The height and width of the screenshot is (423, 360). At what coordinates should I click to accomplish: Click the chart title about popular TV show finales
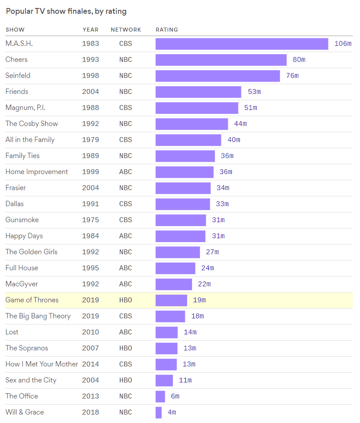(66, 12)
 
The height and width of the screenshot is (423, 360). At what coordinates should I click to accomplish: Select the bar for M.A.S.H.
(241, 44)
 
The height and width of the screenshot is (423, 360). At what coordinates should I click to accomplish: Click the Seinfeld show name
(18, 76)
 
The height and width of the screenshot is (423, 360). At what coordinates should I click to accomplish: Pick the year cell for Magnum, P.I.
(90, 108)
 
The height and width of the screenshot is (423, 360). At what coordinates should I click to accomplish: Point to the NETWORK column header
(126, 30)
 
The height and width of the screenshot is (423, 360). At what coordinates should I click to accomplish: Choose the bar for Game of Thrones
(171, 300)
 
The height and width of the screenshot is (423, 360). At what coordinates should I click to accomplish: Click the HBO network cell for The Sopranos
(126, 348)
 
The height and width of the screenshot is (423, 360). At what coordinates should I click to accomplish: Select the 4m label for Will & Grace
(172, 412)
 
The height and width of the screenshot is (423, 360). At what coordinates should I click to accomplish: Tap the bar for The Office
(160, 396)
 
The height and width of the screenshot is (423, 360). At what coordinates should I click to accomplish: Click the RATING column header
(167, 30)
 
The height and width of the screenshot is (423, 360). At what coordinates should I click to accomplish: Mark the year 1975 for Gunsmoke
(90, 220)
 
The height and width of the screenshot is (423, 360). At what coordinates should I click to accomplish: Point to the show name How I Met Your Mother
(41, 364)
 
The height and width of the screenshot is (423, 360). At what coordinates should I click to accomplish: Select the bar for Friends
(198, 92)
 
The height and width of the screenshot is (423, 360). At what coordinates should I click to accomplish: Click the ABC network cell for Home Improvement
(126, 172)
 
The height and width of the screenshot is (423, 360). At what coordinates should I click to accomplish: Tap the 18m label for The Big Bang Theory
(197, 316)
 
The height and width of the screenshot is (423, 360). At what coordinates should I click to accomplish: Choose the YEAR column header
(90, 30)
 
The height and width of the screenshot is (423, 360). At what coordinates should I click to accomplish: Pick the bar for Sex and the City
(164, 380)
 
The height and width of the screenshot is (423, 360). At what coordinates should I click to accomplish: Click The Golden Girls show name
(31, 252)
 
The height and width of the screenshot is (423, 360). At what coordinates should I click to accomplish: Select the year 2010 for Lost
(90, 332)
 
